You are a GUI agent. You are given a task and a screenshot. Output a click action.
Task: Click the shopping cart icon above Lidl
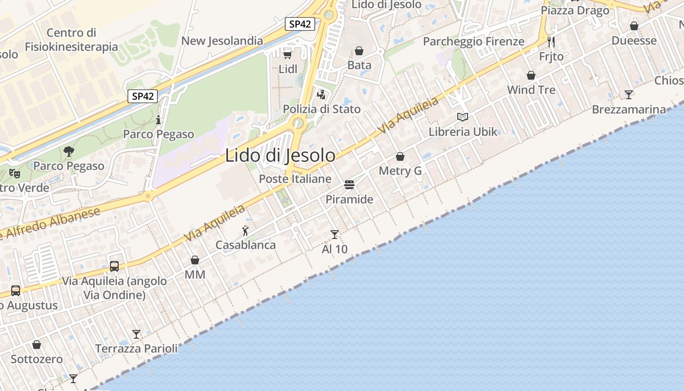(288, 54)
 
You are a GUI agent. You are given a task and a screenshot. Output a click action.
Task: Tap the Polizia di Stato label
(322, 109)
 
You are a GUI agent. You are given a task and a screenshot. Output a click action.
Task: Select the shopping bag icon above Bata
(359, 51)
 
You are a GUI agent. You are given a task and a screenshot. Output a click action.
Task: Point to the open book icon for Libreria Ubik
(463, 117)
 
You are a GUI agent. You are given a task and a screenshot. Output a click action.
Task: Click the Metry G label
(400, 171)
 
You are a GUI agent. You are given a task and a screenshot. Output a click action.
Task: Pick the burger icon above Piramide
(349, 185)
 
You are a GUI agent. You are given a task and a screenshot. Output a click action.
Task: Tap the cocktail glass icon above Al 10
(335, 235)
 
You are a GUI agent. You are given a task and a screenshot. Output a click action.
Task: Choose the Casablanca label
(246, 245)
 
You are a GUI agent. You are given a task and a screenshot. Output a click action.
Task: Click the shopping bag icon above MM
(195, 260)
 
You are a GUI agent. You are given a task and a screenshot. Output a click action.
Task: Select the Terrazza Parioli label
(136, 348)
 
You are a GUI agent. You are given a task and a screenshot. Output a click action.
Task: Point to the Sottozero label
(37, 359)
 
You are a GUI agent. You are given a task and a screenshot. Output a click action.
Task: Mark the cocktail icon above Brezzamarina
(629, 95)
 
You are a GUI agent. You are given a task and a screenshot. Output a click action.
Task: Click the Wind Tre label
(531, 90)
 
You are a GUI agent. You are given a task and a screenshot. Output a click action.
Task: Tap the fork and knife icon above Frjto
(551, 42)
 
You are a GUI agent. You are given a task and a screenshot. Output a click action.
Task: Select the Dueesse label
(634, 41)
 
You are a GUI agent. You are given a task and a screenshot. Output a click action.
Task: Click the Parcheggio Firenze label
(473, 42)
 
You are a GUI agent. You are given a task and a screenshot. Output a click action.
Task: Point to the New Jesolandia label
(222, 41)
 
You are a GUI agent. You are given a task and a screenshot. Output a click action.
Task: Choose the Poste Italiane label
(295, 179)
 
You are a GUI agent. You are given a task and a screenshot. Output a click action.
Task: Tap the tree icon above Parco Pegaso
(69, 152)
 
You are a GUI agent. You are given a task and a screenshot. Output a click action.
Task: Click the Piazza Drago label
(575, 10)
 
